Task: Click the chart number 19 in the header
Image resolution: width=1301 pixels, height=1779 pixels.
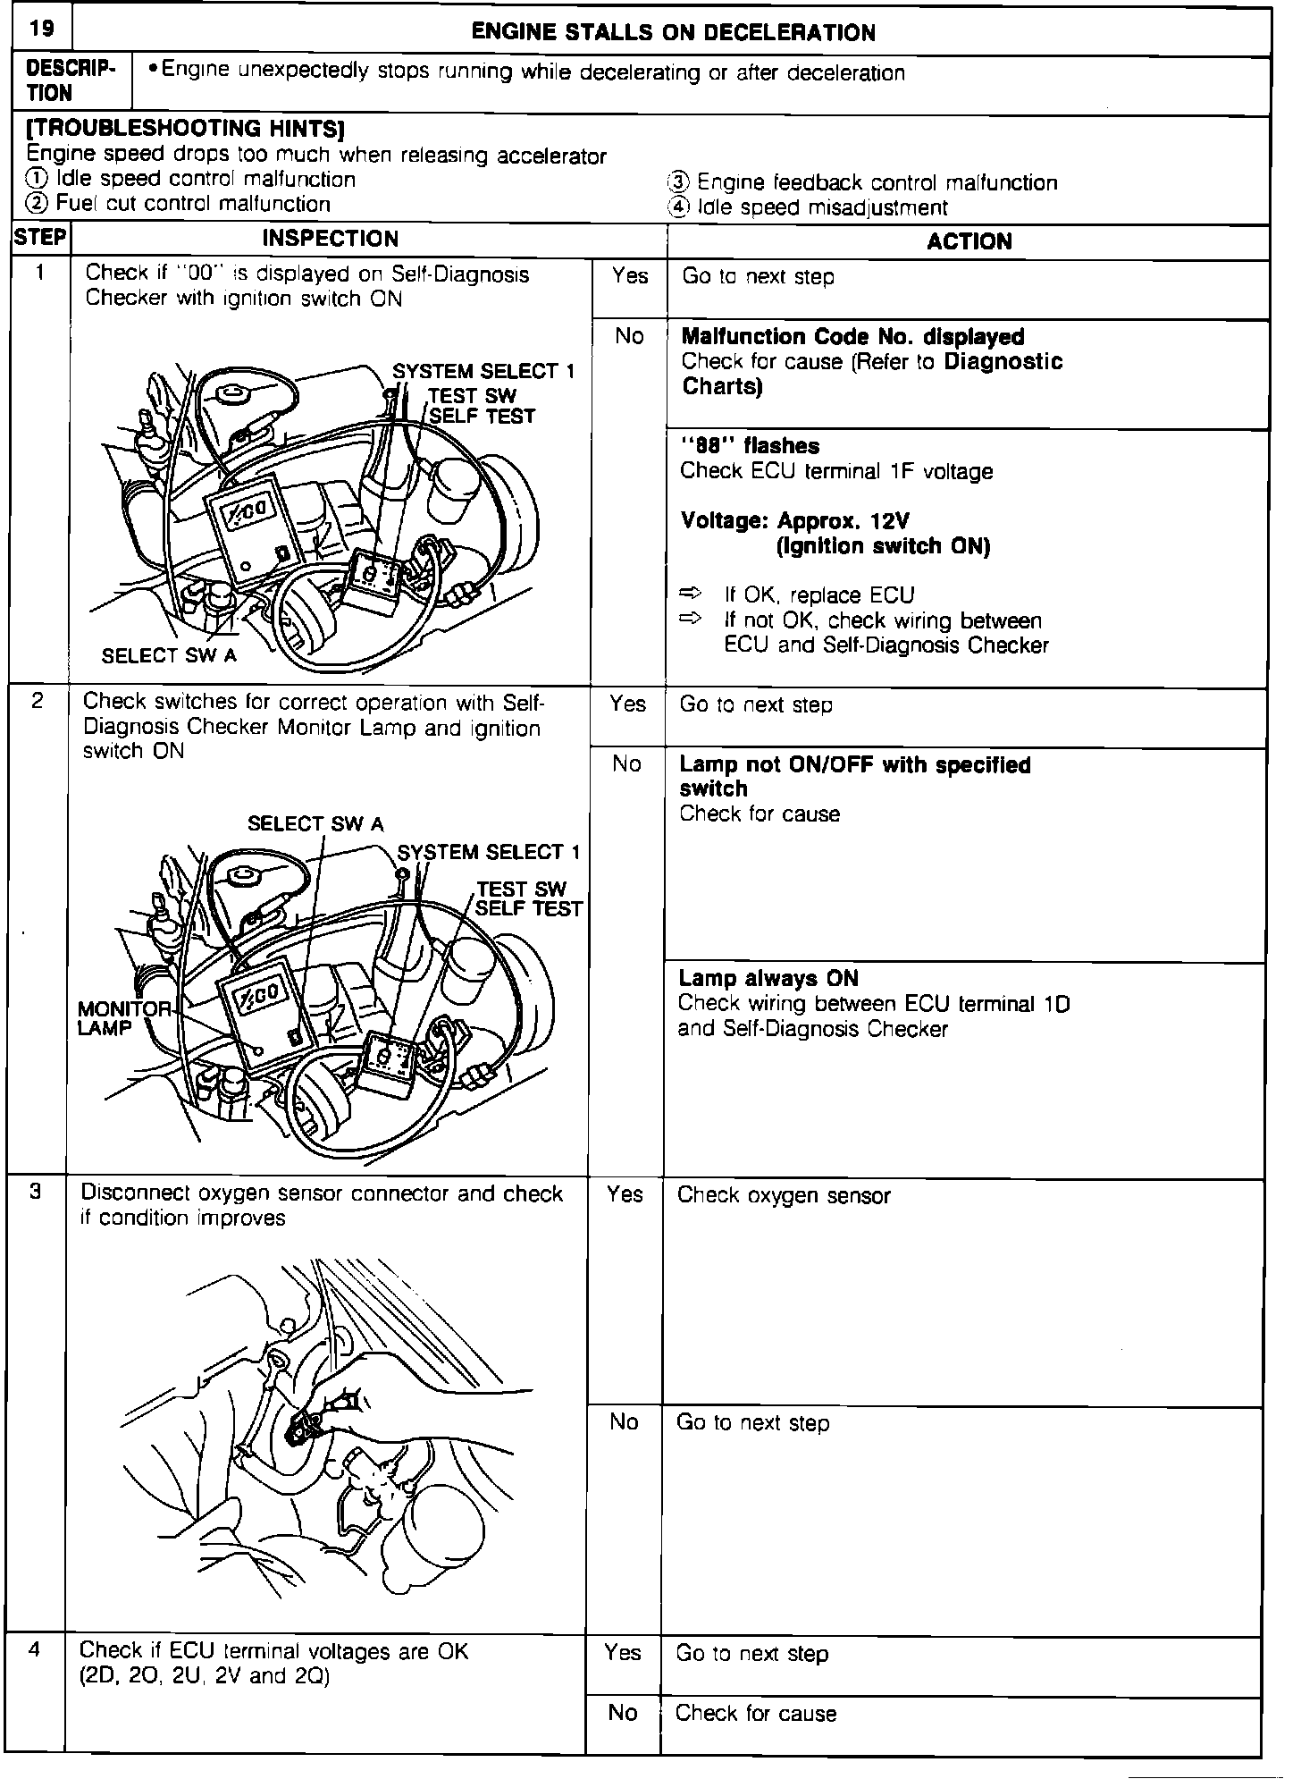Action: point(40,29)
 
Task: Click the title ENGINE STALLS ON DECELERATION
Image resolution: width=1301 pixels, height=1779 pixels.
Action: point(673,33)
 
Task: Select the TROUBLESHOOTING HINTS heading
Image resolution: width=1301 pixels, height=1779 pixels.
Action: point(186,129)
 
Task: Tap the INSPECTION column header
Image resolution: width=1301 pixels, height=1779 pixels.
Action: point(330,239)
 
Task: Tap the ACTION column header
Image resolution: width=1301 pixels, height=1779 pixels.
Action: point(969,241)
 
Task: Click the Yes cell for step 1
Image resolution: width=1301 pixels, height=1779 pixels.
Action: point(629,276)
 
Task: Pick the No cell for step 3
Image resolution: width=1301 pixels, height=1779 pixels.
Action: point(624,1421)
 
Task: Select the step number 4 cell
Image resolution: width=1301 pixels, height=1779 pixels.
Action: point(34,1649)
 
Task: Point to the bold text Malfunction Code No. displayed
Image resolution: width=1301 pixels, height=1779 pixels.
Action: point(852,337)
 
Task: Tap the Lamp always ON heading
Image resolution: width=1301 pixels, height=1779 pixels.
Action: point(768,979)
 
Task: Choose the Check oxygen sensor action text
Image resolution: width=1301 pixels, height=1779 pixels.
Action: point(784,1196)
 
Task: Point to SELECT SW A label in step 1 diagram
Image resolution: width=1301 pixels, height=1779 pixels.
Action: point(169,656)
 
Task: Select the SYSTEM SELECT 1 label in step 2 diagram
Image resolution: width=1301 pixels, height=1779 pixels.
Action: point(488,853)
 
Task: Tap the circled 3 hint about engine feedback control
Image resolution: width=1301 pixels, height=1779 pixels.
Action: point(679,183)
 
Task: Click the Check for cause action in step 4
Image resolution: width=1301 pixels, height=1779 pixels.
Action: point(756,1714)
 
